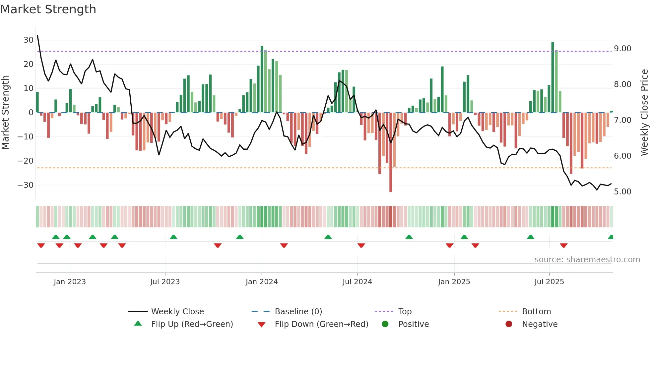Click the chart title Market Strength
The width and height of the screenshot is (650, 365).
pos(48,9)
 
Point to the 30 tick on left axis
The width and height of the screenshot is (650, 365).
pos(29,40)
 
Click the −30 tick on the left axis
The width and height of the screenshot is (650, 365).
pos(26,185)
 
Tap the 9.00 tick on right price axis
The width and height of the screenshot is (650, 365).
pos(622,49)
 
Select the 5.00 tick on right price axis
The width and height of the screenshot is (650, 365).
pos(622,192)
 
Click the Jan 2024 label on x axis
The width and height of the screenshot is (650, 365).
pos(261,282)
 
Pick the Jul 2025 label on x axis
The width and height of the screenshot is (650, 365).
pos(549,282)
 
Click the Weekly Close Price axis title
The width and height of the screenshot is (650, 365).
pos(644,113)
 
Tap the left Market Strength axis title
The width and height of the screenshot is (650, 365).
pos(5,113)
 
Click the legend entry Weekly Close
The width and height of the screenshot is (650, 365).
pos(177,312)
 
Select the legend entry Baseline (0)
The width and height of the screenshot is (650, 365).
pos(298,312)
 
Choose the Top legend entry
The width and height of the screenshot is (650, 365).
pos(405,312)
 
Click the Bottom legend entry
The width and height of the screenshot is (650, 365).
pos(536,312)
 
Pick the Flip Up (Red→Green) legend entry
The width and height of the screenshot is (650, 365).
pos(192,324)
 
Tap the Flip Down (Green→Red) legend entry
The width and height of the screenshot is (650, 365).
pos(321,324)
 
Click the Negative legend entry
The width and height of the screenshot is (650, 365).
pos(540,324)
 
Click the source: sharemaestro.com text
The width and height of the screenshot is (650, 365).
pos(587,260)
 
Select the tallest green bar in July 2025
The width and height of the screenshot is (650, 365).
pos(552,76)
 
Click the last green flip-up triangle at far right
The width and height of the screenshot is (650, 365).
pos(611,237)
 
